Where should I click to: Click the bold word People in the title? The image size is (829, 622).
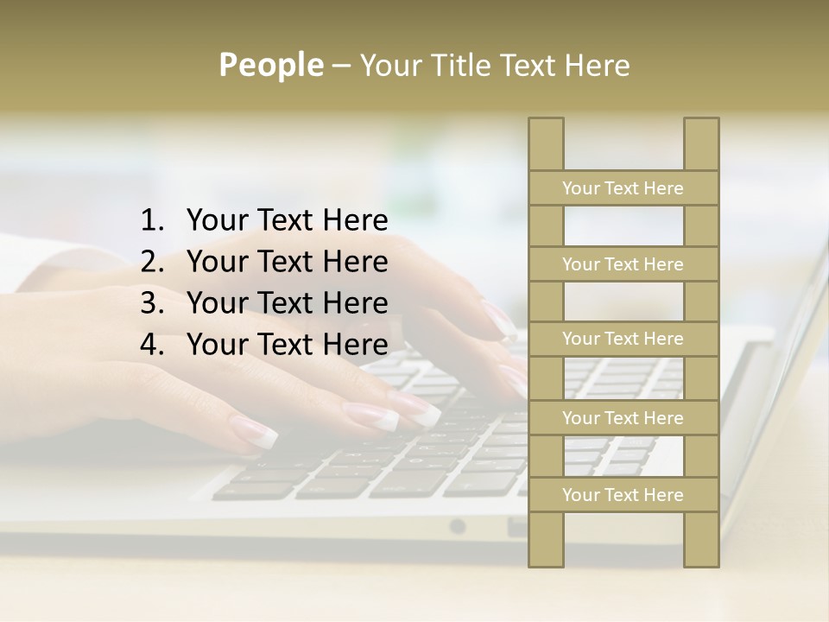coord(271,65)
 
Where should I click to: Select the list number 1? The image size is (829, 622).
coord(152,221)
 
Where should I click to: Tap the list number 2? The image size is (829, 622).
coord(152,262)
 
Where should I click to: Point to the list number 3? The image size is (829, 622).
coord(152,303)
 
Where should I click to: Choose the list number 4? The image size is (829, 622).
coord(152,345)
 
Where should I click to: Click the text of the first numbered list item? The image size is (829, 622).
coord(287,221)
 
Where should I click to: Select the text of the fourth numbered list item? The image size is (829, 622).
coord(287,345)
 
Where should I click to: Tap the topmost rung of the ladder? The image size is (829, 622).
coord(623,188)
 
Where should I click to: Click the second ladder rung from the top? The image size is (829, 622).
coord(623,264)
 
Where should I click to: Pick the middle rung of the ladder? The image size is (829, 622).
coord(623,339)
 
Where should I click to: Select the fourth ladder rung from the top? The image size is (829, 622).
coord(623,418)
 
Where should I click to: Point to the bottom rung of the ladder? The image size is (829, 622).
coord(623,495)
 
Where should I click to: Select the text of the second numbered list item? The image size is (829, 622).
coord(287,262)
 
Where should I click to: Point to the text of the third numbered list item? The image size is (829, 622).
coord(287,303)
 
